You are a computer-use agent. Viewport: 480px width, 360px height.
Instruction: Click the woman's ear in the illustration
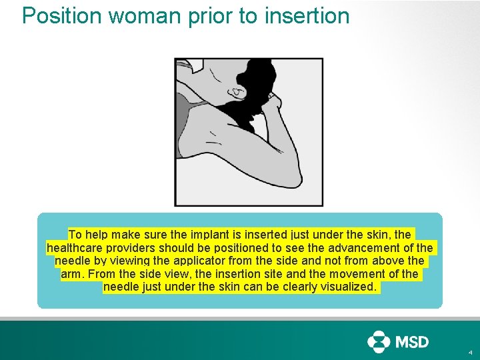tap(235, 89)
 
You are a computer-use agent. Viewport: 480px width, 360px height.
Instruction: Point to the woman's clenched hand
tap(271, 103)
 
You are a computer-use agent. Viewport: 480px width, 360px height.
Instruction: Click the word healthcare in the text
tap(74, 248)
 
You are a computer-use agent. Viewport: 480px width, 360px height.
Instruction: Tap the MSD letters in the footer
tap(413, 342)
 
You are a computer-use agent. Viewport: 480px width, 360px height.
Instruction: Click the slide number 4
tap(471, 353)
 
